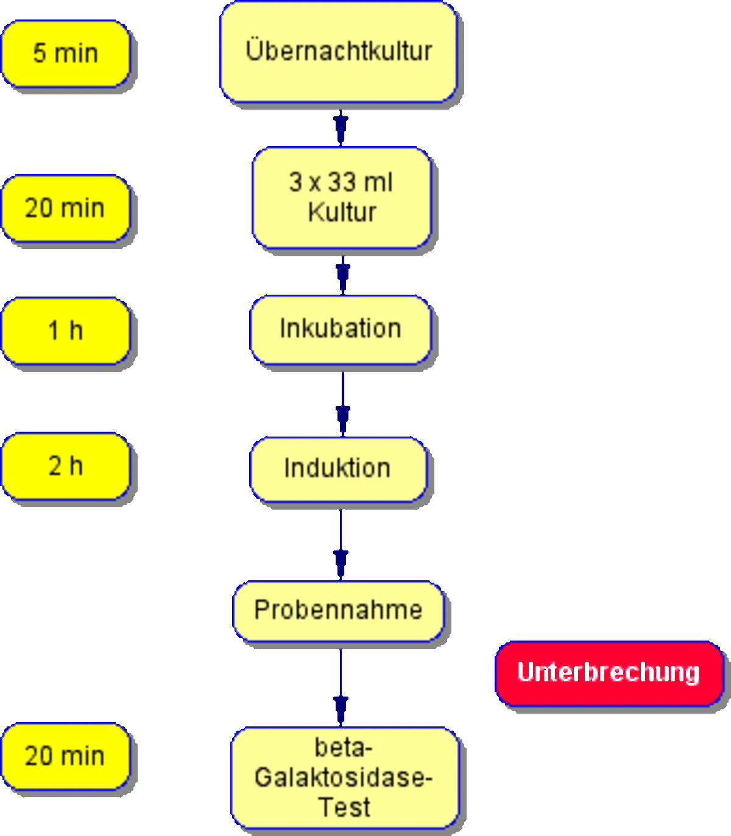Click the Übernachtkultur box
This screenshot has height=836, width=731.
click(339, 52)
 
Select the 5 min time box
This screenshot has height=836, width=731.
click(66, 54)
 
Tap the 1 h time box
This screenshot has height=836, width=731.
click(66, 331)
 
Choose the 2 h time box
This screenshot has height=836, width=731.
click(66, 466)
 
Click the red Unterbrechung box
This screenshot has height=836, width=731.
click(609, 673)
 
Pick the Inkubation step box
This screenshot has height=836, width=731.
click(341, 329)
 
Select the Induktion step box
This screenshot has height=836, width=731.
click(339, 469)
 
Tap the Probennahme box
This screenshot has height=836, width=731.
click(339, 611)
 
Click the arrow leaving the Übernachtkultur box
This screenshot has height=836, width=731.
click(341, 127)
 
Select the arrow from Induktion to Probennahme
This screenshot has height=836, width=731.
click(341, 544)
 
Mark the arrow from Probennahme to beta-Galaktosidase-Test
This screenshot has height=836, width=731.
click(341, 687)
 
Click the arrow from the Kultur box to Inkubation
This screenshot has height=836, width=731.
click(342, 275)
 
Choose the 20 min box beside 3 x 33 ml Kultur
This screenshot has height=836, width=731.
click(66, 208)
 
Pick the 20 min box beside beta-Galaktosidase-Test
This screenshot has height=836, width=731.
click(66, 756)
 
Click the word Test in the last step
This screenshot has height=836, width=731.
click(345, 807)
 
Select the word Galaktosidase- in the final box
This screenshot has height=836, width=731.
click(344, 777)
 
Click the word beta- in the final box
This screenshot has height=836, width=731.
click(344, 747)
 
